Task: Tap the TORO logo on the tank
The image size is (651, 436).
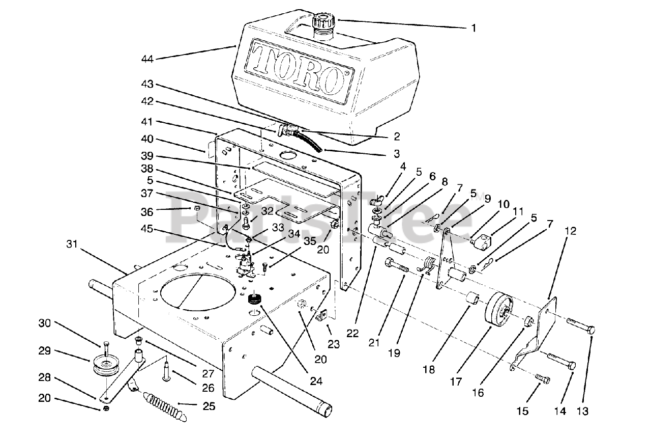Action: coord(300,71)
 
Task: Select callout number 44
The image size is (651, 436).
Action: coord(147,59)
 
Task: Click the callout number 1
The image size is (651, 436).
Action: coord(474,28)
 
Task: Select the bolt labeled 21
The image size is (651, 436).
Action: coord(397,264)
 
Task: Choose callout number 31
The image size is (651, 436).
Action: coord(72,244)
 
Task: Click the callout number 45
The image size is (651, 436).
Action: coord(147,229)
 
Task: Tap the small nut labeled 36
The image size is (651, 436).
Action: coord(196,208)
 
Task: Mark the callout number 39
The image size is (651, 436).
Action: coord(147,156)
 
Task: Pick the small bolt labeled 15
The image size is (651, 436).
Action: coord(542,379)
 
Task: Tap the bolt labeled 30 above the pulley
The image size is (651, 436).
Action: coord(106,347)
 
